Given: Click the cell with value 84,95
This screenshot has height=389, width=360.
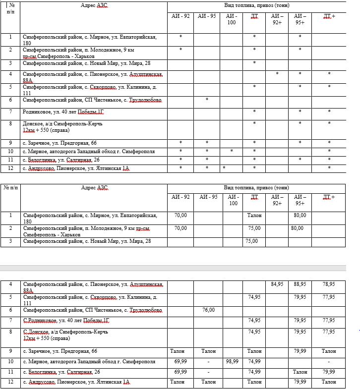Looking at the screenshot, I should [277, 284].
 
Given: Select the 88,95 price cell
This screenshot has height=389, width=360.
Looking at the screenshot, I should [300, 284].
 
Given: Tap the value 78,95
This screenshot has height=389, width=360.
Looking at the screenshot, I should [328, 284].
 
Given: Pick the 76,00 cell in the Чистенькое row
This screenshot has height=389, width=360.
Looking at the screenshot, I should [208, 310].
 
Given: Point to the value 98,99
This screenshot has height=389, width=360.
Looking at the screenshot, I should [232, 362].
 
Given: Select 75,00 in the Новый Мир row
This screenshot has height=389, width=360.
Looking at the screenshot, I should [251, 241].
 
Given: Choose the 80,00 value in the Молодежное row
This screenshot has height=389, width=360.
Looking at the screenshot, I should [297, 228].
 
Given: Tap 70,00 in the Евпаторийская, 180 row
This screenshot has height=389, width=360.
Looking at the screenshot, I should [180, 215].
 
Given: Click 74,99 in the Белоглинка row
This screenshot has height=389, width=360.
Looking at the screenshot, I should [254, 372].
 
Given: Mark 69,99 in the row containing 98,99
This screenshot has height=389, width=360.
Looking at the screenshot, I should [180, 362].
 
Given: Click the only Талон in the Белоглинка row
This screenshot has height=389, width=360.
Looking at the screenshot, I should [300, 372].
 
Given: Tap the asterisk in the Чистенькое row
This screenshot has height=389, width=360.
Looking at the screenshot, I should [207, 100].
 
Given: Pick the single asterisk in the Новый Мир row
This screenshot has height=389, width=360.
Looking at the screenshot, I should [254, 63].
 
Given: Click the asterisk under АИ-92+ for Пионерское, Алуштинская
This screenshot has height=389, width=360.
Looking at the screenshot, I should [277, 74].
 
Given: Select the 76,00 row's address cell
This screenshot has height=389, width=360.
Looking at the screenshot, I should [92, 310].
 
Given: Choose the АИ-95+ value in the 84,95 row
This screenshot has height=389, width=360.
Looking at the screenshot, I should [300, 284].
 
